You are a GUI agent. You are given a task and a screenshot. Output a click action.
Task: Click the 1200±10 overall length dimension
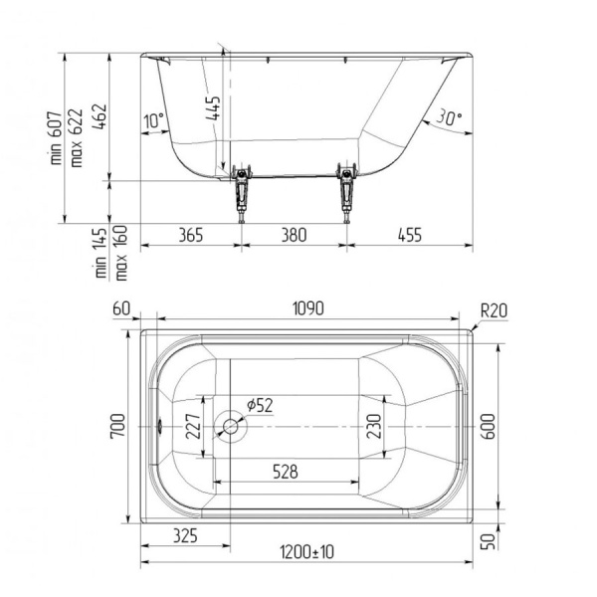coord(306,552)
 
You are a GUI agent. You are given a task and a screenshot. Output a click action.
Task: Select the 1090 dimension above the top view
coord(308,308)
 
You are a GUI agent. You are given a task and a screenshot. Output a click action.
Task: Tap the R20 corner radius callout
coord(494,311)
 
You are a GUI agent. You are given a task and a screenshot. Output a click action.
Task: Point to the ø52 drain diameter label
coord(260,405)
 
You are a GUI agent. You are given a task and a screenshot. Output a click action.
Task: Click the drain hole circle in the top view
coord(231,427)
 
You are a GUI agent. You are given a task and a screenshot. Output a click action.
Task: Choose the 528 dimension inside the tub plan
coord(286,472)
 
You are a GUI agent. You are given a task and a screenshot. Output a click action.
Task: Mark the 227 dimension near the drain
coord(193,427)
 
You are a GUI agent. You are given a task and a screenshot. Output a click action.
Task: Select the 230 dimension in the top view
coord(374,427)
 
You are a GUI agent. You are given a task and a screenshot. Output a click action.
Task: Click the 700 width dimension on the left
coord(117,427)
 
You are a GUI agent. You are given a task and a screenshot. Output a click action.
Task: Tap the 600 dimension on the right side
coord(489,427)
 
